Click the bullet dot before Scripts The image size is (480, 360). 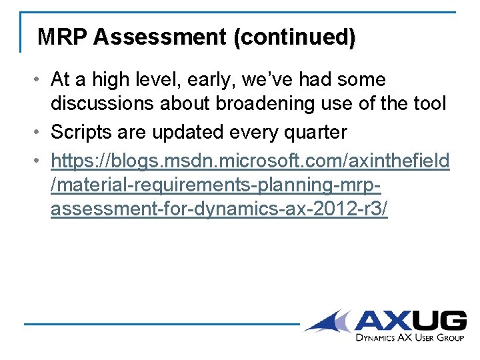coord(40,132)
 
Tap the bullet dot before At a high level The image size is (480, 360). coord(40,80)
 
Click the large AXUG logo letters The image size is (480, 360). coord(410,321)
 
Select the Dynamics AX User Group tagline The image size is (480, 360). coord(409,338)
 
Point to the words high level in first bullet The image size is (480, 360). coord(134,80)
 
